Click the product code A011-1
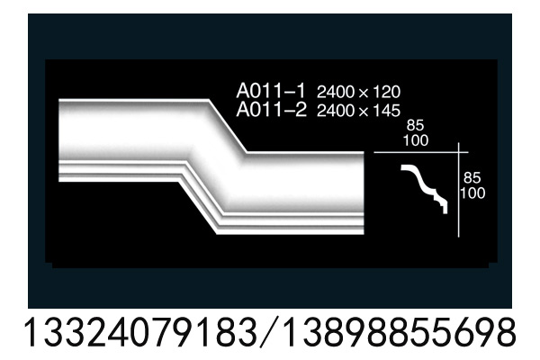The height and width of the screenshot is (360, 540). tap(271, 91)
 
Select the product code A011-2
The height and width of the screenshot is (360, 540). tap(271, 110)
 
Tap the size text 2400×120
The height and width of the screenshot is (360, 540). tap(358, 92)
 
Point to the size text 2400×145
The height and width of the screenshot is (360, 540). tap(358, 111)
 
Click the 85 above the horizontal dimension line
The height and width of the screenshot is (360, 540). tap(415, 125)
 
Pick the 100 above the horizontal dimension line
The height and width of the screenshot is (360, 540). tap(416, 140)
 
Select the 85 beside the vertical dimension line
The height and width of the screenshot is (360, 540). tap(472, 178)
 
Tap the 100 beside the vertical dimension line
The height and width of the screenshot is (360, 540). tap(472, 193)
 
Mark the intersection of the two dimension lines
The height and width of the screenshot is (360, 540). tap(458, 152)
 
